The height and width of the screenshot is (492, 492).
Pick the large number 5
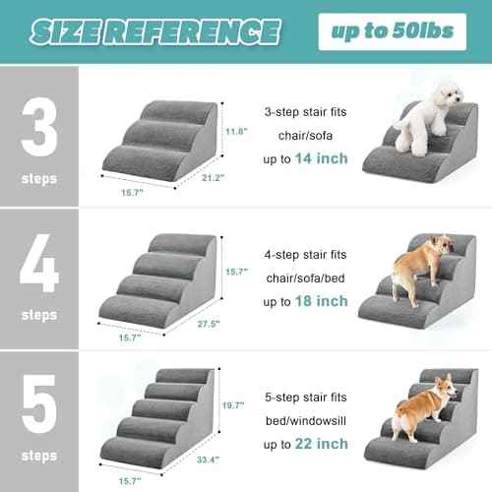[x=38, y=403]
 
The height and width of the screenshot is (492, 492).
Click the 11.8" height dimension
[x=236, y=131]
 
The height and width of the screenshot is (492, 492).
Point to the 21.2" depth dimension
[x=213, y=178]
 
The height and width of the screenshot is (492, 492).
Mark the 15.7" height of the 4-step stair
[x=236, y=271]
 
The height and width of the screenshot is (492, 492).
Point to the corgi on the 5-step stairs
[x=426, y=405]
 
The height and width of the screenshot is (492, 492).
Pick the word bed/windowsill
[x=305, y=421]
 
